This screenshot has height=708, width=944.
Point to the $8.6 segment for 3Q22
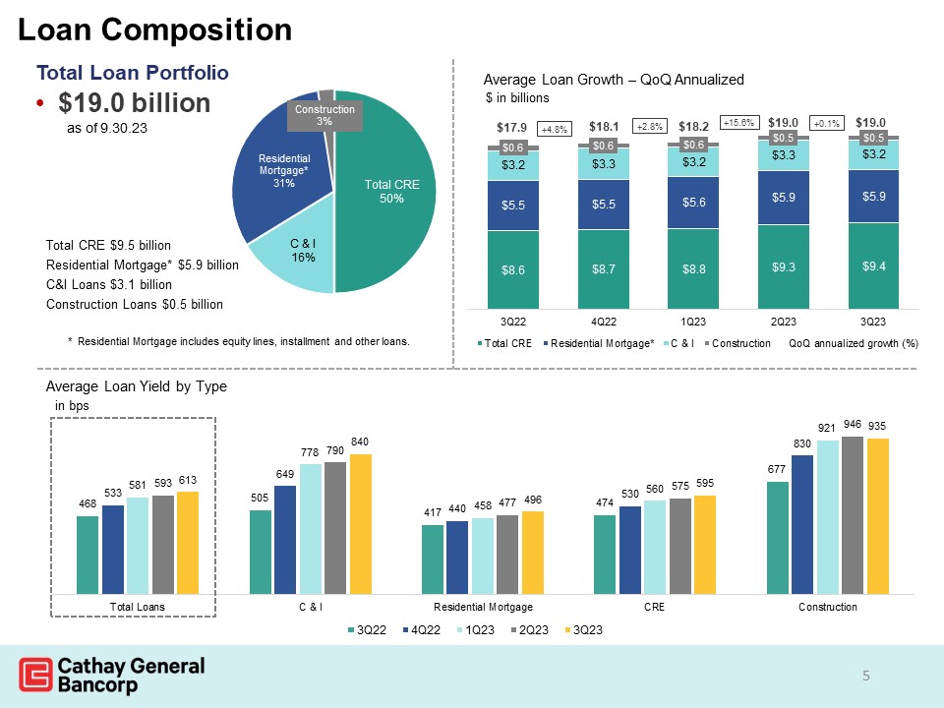pyautogui.click(x=511, y=268)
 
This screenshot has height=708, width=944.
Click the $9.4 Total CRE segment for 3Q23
pyautogui.click(x=875, y=265)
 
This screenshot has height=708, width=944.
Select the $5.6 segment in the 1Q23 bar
pyautogui.click(x=693, y=202)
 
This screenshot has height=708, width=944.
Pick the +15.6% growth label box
pyautogui.click(x=739, y=123)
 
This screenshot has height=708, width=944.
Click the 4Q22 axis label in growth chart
pyautogui.click(x=603, y=321)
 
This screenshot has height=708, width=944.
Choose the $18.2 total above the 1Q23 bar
pyautogui.click(x=694, y=126)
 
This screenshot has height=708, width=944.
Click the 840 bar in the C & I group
pyautogui.click(x=362, y=524)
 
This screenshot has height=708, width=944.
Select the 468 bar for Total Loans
pyautogui.click(x=88, y=555)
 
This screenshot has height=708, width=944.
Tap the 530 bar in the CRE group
pyautogui.click(x=630, y=550)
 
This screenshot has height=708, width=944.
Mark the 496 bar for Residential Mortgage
pyautogui.click(x=533, y=553)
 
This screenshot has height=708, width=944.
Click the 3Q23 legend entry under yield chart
pyautogui.click(x=580, y=629)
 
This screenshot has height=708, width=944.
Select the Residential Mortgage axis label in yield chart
pyautogui.click(x=483, y=608)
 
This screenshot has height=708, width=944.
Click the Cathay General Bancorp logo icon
pyautogui.click(x=36, y=677)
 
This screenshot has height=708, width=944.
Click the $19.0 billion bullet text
pyautogui.click(x=134, y=102)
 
